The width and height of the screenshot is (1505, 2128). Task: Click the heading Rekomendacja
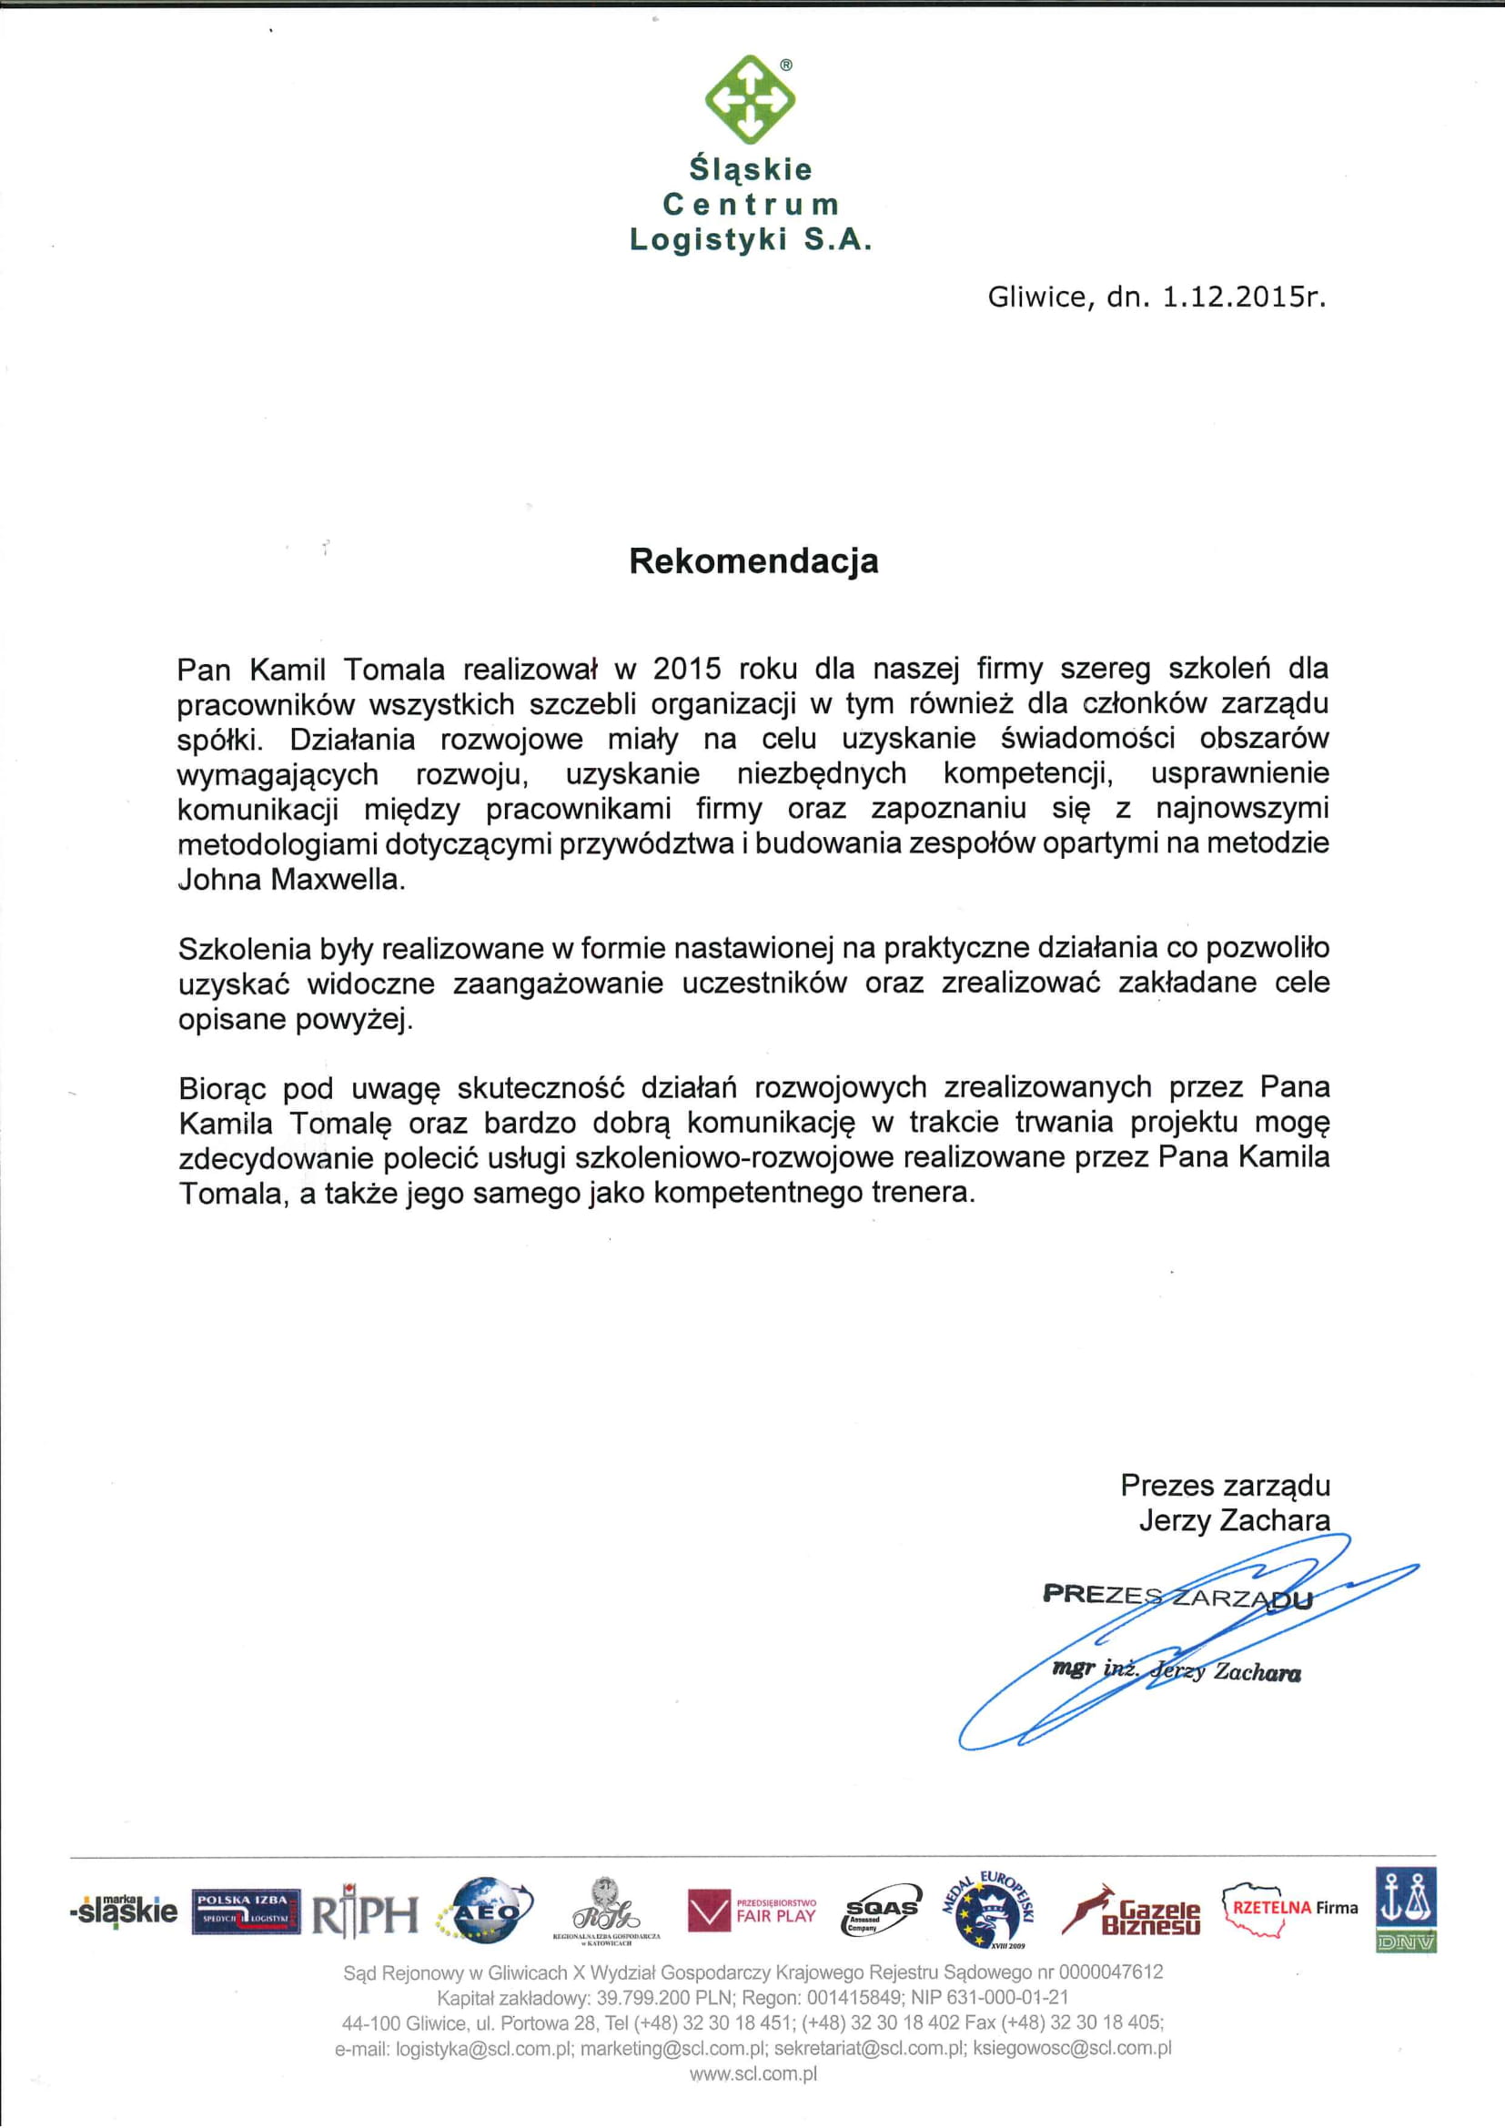[x=753, y=561]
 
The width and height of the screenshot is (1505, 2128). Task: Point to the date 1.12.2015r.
[x=1243, y=297]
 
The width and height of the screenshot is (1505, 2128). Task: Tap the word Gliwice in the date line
[x=1037, y=297]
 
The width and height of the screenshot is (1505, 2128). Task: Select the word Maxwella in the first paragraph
[x=338, y=879]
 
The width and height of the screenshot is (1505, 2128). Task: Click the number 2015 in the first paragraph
[x=687, y=669]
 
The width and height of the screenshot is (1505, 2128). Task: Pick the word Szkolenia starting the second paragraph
[x=245, y=948]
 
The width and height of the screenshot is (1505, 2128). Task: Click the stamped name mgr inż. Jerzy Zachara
[x=1176, y=1671]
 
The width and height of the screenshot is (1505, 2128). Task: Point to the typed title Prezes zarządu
[x=1225, y=1485]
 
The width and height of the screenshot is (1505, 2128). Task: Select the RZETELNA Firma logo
[x=1290, y=1910]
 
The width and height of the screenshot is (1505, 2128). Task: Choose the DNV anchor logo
[x=1405, y=1910]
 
